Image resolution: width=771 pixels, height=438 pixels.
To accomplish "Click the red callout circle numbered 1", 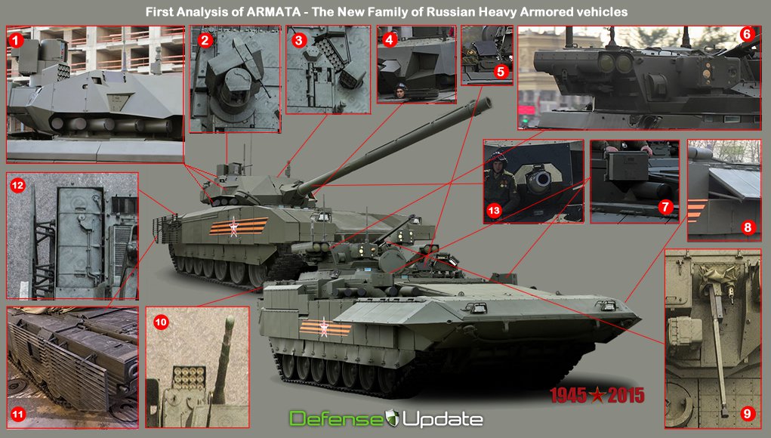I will pos(15,39).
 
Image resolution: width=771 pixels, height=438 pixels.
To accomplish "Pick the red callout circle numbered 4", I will pos(389,39).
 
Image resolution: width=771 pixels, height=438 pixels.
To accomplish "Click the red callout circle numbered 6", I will pos(746,34).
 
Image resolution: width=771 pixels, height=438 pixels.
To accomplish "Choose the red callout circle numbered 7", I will pos(665,206).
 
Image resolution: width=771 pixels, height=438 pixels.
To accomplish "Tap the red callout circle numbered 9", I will pos(746,413).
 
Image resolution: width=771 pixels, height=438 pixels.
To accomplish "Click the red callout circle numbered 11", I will pos(17,413).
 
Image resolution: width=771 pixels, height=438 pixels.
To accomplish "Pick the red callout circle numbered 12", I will pos(17,184).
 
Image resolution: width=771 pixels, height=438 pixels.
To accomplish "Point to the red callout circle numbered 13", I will pos(495,212).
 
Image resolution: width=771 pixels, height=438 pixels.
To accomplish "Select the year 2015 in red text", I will pos(624,395).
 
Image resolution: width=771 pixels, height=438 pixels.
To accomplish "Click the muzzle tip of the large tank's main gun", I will pos(489,102).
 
